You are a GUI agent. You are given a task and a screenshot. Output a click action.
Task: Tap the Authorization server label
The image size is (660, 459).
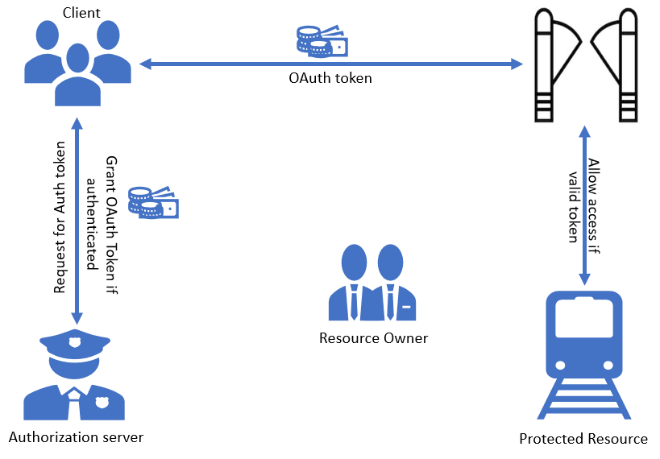coord(76,437)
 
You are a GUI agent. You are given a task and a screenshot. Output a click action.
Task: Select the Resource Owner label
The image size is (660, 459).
coord(374,338)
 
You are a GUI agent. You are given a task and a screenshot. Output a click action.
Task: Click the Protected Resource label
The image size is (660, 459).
coord(583,439)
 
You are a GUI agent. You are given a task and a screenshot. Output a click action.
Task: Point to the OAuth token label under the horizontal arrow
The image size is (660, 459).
coord(330,79)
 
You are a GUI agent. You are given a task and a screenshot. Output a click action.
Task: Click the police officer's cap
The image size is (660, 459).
coord(74,345)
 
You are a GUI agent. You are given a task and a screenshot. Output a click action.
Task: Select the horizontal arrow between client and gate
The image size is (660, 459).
coord(330,63)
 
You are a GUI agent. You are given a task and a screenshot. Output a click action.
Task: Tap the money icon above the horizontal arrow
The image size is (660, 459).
coord(322,41)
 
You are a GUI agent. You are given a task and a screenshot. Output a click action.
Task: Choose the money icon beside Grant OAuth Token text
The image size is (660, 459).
coord(154,202)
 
